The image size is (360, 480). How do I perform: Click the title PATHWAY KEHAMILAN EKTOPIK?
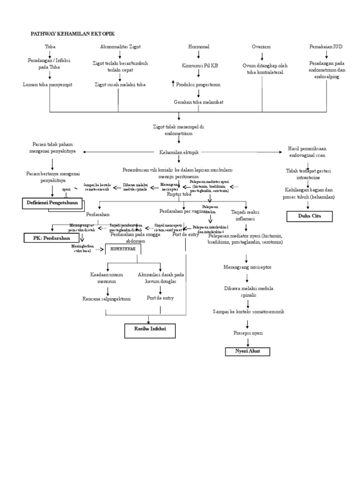73,34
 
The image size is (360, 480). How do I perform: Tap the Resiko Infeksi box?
149,330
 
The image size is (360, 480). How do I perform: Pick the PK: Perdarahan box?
50,238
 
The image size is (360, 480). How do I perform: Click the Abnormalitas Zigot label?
120,47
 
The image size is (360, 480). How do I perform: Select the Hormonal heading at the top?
198,47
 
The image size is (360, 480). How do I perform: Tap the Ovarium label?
261,47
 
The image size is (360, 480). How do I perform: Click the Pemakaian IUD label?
326,47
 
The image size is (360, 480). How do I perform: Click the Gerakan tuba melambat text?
198,101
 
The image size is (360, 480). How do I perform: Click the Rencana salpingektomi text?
106,299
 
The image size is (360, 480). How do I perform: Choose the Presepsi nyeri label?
247,333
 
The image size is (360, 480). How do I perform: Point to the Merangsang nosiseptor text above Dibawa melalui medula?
247,267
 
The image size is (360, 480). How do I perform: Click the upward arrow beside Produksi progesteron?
173,84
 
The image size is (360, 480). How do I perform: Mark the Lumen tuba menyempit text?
50,84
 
